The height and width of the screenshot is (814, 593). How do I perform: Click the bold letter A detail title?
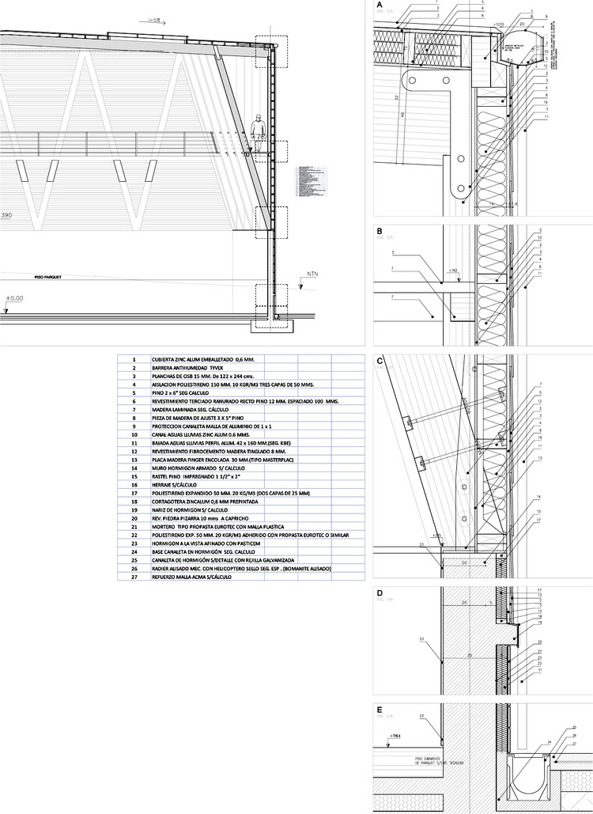[380, 6]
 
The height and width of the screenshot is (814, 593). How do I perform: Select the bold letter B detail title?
[380, 232]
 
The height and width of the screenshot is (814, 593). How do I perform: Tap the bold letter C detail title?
[380, 362]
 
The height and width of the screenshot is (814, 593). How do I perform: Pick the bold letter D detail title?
[380, 593]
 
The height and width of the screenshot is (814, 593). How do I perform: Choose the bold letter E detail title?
[380, 710]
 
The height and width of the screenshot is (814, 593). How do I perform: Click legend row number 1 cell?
[134, 359]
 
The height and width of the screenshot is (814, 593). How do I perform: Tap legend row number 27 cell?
[134, 577]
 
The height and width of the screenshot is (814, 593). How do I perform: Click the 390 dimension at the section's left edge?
[6, 215]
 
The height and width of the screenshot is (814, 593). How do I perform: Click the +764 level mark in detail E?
[395, 736]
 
